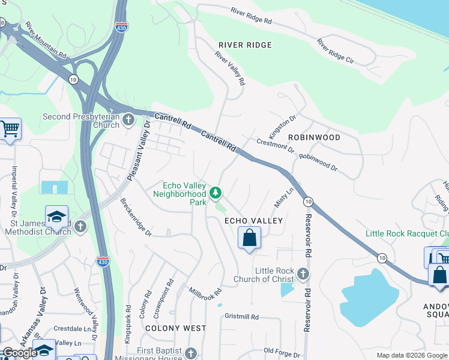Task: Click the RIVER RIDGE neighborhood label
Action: (245, 45)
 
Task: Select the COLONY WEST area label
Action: (175, 328)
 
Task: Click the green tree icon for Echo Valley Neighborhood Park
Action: (216, 193)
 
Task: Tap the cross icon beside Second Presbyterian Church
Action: (128, 121)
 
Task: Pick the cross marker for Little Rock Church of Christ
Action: (303, 274)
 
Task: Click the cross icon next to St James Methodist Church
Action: (80, 226)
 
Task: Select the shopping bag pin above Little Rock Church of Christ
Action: (249, 238)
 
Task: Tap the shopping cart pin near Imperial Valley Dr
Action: (9, 128)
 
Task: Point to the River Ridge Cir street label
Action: (337, 52)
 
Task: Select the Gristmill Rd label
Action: (241, 316)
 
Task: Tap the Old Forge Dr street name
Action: (282, 351)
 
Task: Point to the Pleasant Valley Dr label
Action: (138, 151)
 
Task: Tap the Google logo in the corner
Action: (19, 353)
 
